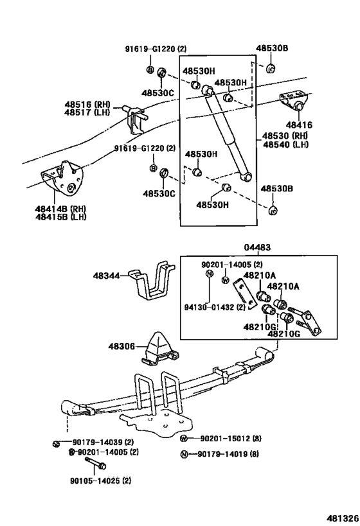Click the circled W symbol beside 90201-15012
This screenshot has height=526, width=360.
point(183,439)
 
